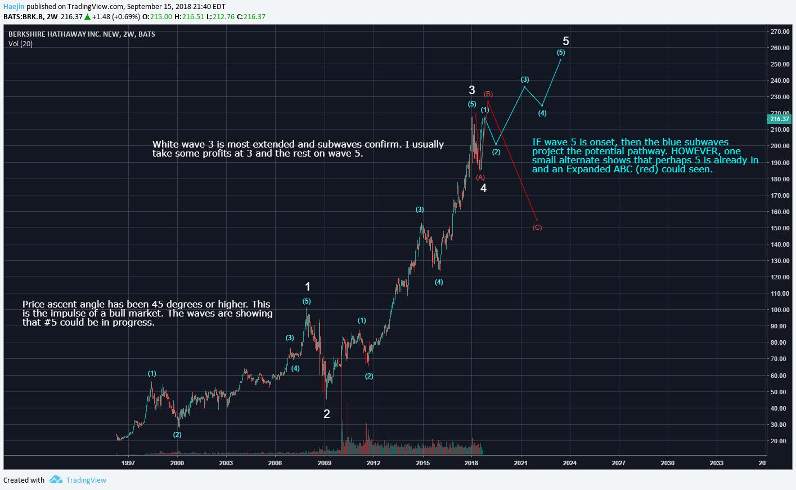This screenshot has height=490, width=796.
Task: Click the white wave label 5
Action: [566, 41]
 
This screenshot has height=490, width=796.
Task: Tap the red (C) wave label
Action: [537, 228]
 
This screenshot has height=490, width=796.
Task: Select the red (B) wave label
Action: [488, 94]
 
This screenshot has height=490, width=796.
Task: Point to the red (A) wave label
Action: [480, 177]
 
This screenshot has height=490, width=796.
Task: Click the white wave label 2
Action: [327, 414]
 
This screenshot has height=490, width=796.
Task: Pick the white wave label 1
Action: [308, 287]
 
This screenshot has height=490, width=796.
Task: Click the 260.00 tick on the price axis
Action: [780, 48]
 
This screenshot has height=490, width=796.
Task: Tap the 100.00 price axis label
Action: [780, 310]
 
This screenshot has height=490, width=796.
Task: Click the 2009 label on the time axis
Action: [325, 463]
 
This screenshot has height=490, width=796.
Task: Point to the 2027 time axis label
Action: [619, 463]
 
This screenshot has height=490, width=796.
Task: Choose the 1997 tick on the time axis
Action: [128, 463]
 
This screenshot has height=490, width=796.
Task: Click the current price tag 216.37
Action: [780, 119]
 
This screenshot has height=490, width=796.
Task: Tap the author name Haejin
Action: [14, 7]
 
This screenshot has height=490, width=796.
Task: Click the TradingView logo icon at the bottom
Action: [56, 480]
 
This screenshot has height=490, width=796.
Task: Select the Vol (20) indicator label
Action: [20, 44]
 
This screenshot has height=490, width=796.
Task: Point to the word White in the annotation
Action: [166, 145]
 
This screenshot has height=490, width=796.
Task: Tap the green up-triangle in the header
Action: [87, 17]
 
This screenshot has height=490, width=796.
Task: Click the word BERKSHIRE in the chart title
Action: [26, 34]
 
